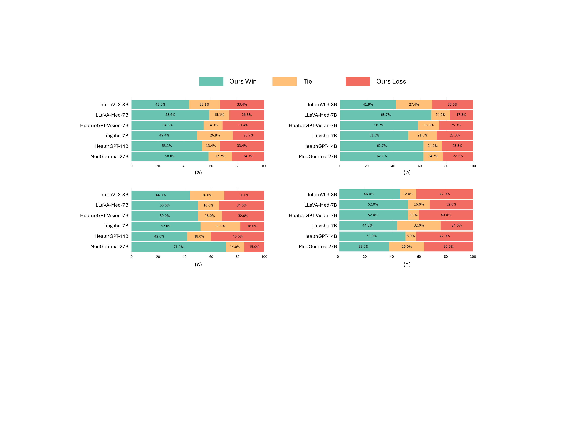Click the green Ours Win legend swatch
pyautogui.click(x=211, y=82)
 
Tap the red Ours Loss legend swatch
pyautogui.click(x=357, y=82)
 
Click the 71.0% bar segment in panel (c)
pyautogui.click(x=179, y=247)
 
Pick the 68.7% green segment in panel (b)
pyautogui.click(x=386, y=115)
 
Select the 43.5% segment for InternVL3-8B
pyautogui.click(x=160, y=105)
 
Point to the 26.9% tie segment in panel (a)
pyautogui.click(x=215, y=136)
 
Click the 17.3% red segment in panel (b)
pyautogui.click(x=461, y=115)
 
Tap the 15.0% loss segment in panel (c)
pyautogui.click(x=254, y=247)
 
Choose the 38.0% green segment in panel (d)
pyautogui.click(x=364, y=246)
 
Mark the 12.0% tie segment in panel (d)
pyautogui.click(x=408, y=194)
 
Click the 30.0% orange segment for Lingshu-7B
pyautogui.click(x=220, y=226)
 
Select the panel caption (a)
pyautogui.click(x=198, y=172)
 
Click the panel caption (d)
pyautogui.click(x=407, y=264)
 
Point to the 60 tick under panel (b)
pyautogui.click(x=420, y=166)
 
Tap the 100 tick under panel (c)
pyautogui.click(x=264, y=257)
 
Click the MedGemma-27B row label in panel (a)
pyautogui.click(x=109, y=157)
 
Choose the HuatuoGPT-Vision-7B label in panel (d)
pyautogui.click(x=313, y=215)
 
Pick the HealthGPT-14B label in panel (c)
pyautogui.click(x=111, y=236)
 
